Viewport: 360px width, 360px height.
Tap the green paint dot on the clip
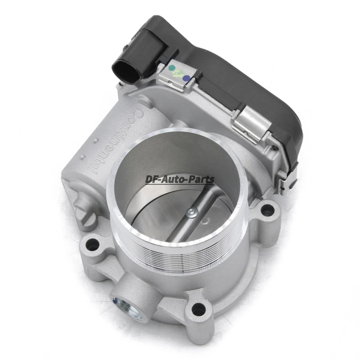(171, 69)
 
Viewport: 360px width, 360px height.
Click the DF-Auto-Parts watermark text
(180, 180)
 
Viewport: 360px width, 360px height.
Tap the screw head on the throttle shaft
(192, 213)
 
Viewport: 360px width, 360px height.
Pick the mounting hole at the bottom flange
(198, 310)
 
